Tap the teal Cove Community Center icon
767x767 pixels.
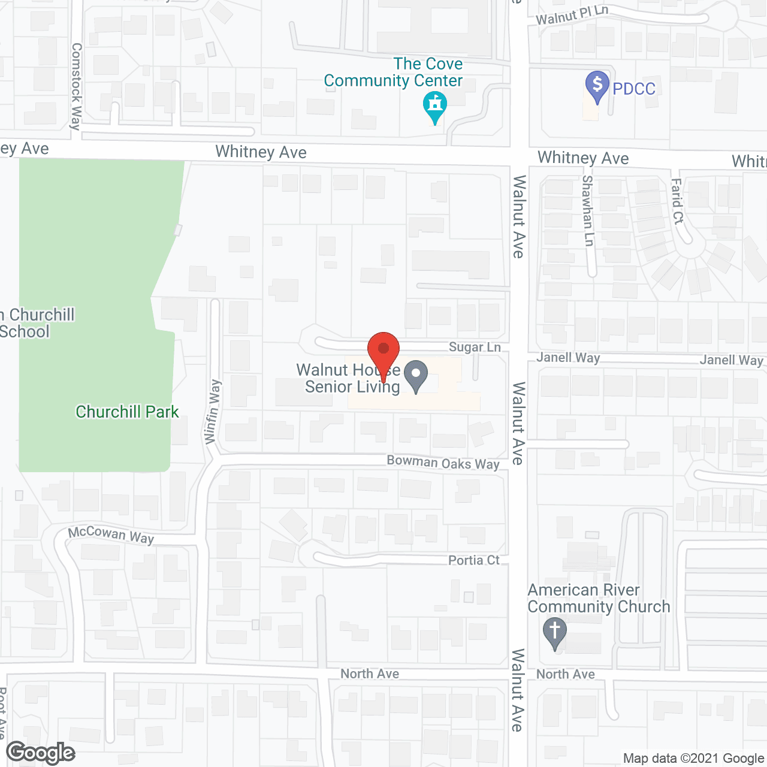tap(435, 106)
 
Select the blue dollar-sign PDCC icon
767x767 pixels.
tap(597, 86)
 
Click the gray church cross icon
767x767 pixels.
tap(555, 632)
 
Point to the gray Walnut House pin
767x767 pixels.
tap(416, 376)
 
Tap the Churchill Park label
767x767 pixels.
tap(127, 412)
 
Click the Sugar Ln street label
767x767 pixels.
tap(475, 348)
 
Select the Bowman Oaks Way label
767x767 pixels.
tap(443, 463)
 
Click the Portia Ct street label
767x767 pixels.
tap(474, 560)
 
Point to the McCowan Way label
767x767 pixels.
tap(111, 535)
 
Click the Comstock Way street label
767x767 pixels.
tap(76, 86)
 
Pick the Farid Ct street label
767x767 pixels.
tap(677, 201)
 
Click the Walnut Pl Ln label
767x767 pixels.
tap(572, 16)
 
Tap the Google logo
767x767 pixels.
tap(41, 753)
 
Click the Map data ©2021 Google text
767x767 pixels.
tap(693, 759)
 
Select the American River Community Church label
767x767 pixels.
tap(598, 598)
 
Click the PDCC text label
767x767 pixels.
tap(634, 89)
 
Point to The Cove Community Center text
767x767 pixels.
tap(394, 72)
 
